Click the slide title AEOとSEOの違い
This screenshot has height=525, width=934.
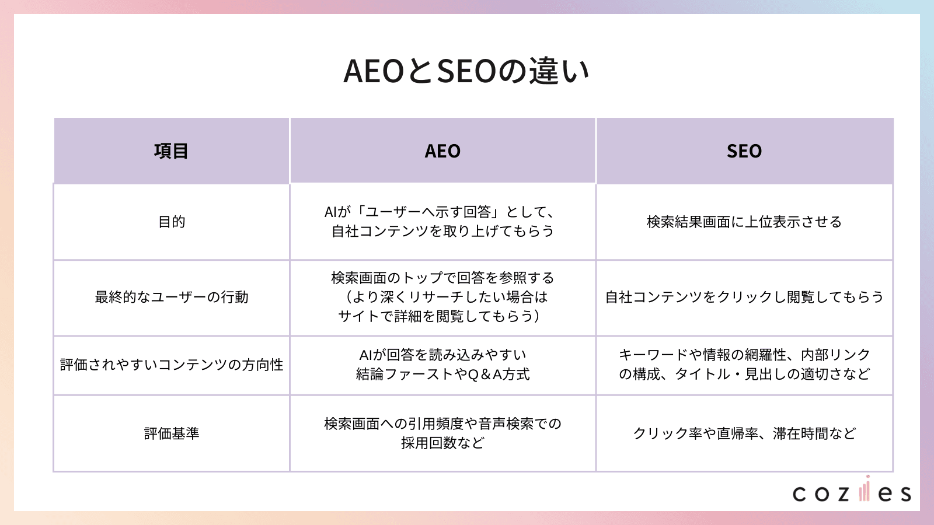466,71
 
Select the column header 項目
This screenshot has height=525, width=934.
171,151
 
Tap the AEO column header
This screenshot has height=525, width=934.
442,151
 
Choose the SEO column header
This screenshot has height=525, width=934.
744,151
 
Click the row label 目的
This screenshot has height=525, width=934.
172,222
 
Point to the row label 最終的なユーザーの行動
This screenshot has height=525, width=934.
172,297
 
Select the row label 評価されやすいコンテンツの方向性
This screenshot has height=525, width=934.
172,365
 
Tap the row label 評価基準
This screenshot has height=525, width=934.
172,433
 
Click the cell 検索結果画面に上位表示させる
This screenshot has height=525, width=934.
744,222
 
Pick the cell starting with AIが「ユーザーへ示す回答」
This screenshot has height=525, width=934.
442,222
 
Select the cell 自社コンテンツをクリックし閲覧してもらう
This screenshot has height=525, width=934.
744,297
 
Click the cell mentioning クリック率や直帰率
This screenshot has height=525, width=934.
744,433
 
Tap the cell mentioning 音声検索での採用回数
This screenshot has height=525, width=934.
442,433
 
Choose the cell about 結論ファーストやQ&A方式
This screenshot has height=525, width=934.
442,365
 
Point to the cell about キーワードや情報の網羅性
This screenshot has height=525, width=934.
744,365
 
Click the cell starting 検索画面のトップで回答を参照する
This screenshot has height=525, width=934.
442,297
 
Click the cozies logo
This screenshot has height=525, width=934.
852,492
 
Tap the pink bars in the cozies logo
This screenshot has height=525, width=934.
865,489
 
